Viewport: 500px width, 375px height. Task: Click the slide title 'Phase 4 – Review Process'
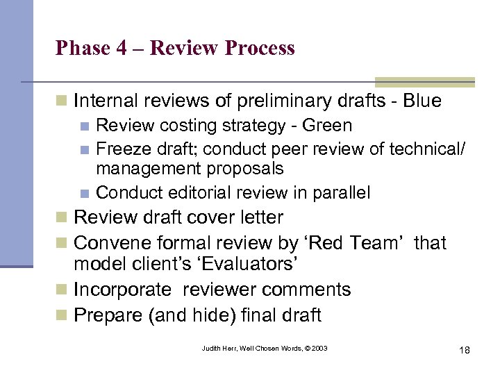click(x=175, y=48)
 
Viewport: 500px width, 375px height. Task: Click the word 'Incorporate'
click(x=122, y=289)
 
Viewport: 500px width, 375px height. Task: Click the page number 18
click(x=464, y=349)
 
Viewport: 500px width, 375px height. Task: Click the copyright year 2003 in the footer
click(x=318, y=348)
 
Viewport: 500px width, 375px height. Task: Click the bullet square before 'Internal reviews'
click(x=62, y=101)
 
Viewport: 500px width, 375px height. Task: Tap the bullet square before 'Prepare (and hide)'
click(x=62, y=316)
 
